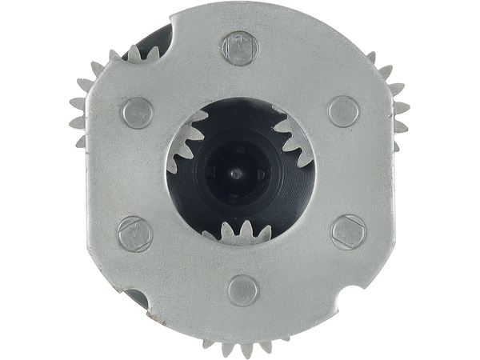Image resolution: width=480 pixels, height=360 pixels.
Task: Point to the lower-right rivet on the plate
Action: (348, 230)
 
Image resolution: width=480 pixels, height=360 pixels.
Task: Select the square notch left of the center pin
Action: (214, 170)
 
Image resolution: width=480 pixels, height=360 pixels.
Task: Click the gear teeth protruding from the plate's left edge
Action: (80, 112)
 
